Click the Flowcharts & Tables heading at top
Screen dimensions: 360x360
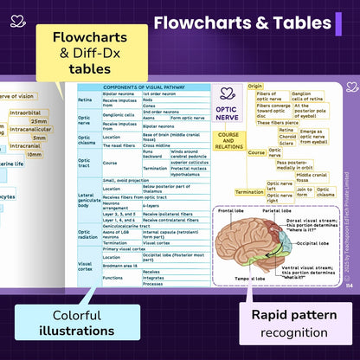coord(241,23)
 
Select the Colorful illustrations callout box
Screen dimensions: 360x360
coord(84,323)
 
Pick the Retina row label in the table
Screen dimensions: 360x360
coord(85,100)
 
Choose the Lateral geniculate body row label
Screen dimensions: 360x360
coord(88,200)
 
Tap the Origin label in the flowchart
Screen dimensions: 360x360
coord(255,87)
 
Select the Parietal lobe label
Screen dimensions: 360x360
coord(277,210)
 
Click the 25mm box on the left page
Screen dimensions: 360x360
coord(39,121)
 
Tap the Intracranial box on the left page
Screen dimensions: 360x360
coord(26,145)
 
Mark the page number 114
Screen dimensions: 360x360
coord(349,285)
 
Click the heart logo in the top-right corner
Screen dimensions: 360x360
coord(350,87)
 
